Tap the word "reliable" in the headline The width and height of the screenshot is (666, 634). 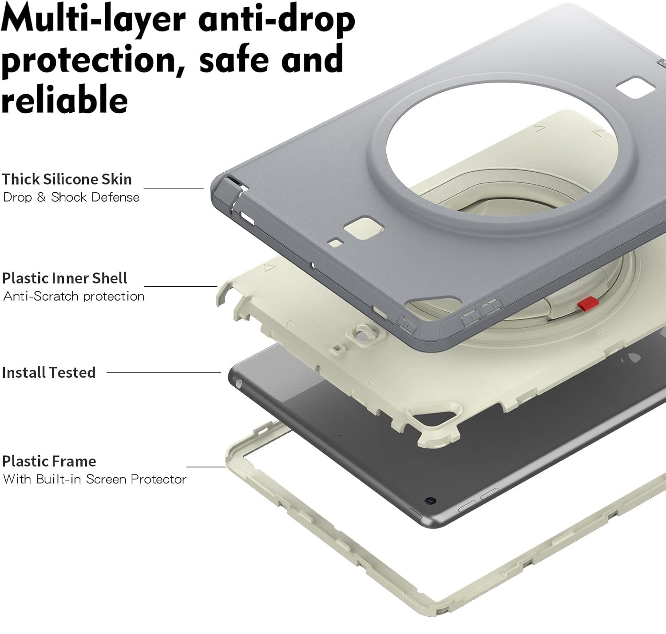click(x=64, y=99)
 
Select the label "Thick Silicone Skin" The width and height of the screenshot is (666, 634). click(x=67, y=179)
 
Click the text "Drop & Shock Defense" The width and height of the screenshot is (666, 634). click(x=71, y=197)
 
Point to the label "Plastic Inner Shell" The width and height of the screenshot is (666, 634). click(x=64, y=278)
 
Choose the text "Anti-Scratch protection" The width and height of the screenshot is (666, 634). click(x=74, y=297)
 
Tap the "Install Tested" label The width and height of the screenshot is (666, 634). click(x=48, y=372)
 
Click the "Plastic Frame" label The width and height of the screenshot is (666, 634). click(x=49, y=461)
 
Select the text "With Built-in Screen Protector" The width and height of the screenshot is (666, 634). click(x=95, y=479)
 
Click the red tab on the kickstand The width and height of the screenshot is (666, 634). click(x=588, y=303)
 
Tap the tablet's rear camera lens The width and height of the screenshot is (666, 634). click(x=431, y=500)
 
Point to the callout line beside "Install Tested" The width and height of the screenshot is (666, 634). click(x=164, y=372)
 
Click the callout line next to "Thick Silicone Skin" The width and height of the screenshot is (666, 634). click(x=174, y=189)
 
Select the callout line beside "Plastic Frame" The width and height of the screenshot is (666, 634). click(x=206, y=467)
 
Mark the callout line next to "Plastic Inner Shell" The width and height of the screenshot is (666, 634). click(x=181, y=286)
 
